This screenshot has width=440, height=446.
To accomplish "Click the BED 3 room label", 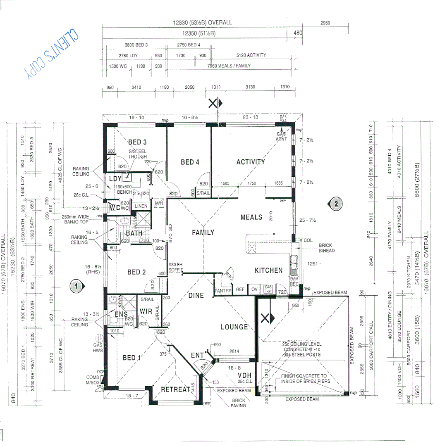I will tap(137, 142).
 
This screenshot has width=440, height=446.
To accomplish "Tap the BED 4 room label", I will tap(190, 162).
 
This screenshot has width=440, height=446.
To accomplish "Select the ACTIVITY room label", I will tap(251, 162).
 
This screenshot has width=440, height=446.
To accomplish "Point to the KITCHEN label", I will tap(269, 270).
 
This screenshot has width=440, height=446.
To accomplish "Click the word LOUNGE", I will tap(234, 327).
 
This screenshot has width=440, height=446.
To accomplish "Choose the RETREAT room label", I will tap(175, 389).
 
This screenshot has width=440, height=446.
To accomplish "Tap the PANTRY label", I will tap(222, 291).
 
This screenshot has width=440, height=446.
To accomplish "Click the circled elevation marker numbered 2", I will tap(336, 203).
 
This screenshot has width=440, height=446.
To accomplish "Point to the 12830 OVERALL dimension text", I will tap(203, 23).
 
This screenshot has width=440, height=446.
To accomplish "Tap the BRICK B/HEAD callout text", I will tap(325, 248).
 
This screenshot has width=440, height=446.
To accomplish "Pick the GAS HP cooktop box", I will tap(269, 289).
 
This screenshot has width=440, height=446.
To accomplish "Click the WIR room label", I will tap(146, 311).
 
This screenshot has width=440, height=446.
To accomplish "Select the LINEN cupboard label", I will tap(141, 206).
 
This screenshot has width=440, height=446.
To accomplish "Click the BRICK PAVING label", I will tap(238, 403).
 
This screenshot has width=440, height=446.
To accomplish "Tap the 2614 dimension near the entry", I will tap(234, 351).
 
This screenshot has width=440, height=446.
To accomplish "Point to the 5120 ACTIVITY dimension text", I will tap(251, 55).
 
